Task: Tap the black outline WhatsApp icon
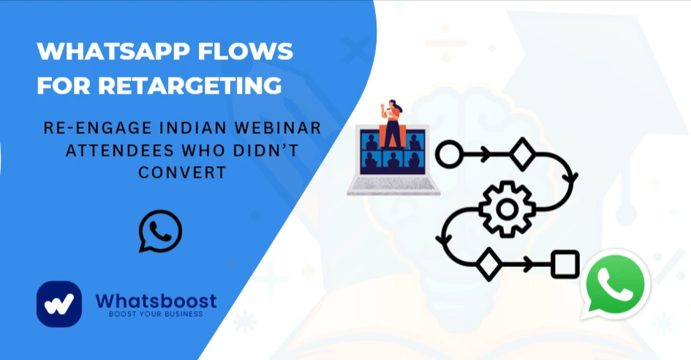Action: point(160,231)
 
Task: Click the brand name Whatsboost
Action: point(156,301)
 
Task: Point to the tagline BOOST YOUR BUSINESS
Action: point(156,315)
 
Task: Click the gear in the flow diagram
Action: point(506,209)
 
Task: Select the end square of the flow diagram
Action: point(564,264)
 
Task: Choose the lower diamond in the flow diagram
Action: point(488,264)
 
